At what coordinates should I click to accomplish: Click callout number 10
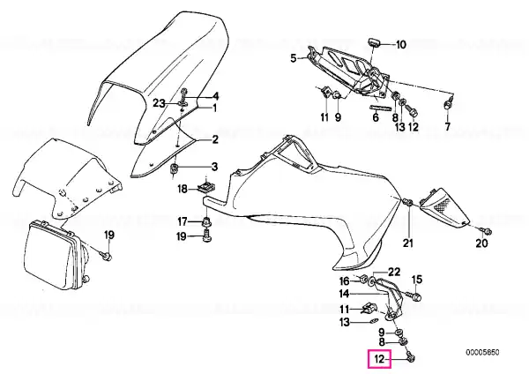[x=400, y=43]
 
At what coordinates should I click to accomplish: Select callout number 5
[x=294, y=58]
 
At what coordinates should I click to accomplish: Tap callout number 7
[x=447, y=128]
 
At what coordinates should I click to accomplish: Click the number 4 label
[x=214, y=96]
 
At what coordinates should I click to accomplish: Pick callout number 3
[x=213, y=166]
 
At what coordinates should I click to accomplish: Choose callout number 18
[x=182, y=189]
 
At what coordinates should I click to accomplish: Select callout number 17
[x=183, y=221]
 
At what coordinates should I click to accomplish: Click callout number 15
[x=418, y=280]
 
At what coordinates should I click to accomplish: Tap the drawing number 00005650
[x=482, y=351]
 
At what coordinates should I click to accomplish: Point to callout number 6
[x=375, y=116]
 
